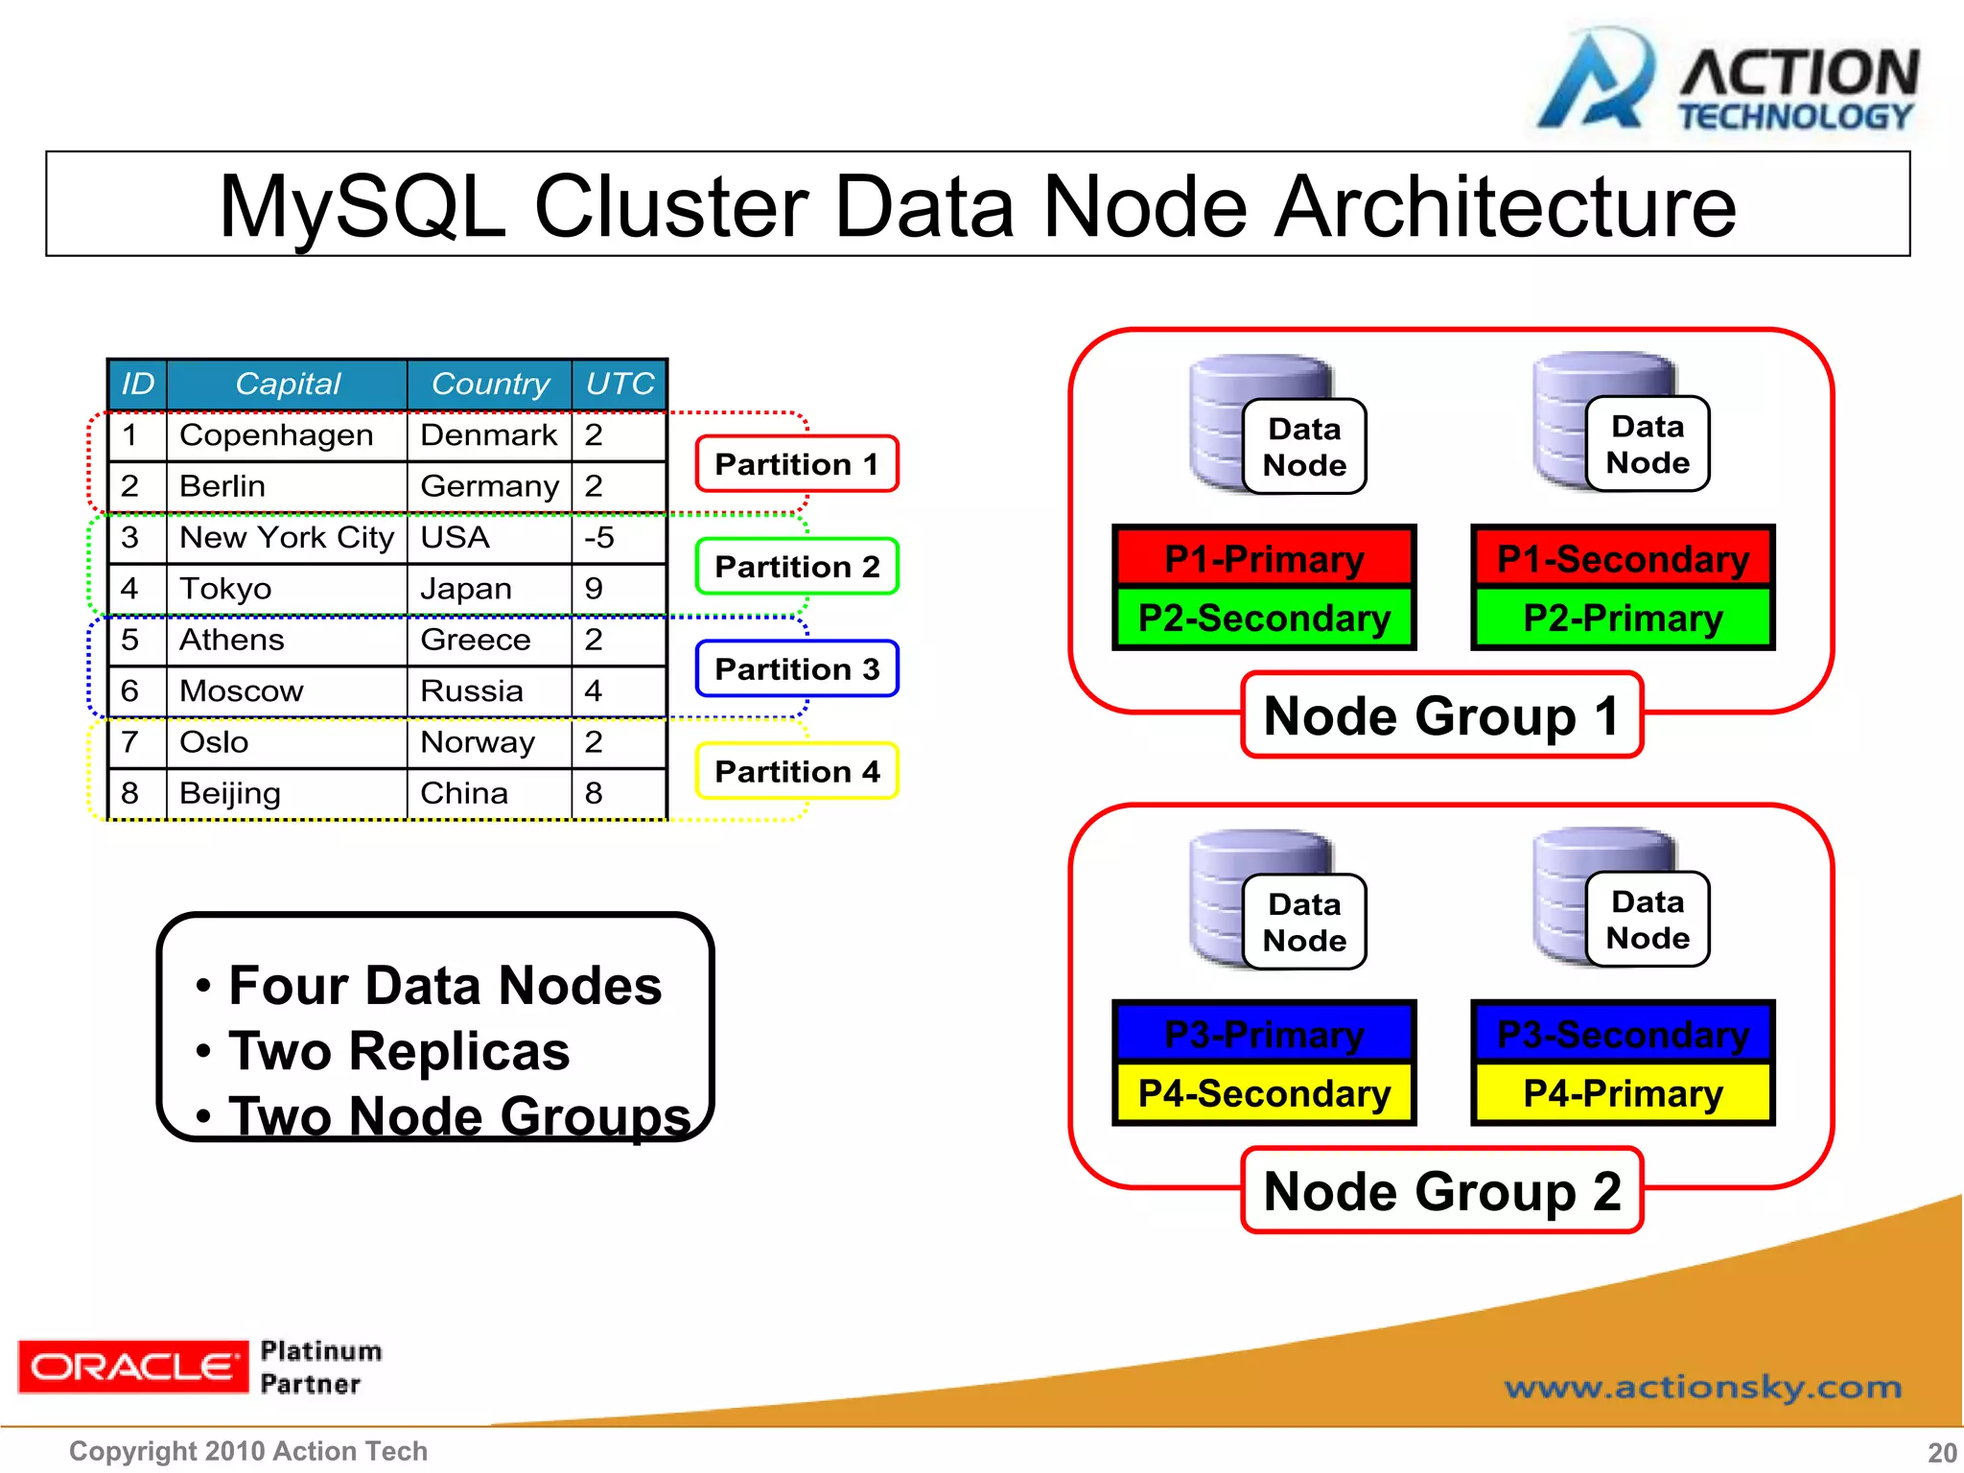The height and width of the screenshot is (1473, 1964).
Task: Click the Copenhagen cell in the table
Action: click(276, 435)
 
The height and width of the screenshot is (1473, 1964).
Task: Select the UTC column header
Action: click(620, 384)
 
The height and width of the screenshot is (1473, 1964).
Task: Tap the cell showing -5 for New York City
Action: click(600, 537)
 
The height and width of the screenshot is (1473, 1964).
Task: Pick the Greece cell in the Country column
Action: click(476, 640)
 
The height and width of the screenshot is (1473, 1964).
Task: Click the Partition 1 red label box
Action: click(797, 464)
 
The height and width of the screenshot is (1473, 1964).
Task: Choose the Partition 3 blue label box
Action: click(797, 668)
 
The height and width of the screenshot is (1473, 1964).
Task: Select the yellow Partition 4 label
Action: click(797, 771)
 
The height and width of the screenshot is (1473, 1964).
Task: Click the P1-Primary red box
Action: click(1264, 558)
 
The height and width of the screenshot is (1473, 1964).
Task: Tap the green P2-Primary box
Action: click(1623, 619)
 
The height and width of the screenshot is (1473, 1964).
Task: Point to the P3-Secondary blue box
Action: click(1623, 1034)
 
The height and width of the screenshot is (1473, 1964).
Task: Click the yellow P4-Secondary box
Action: click(1264, 1093)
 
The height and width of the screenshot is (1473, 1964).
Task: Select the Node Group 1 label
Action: click(1441, 715)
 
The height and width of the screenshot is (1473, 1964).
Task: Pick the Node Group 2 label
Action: click(1441, 1191)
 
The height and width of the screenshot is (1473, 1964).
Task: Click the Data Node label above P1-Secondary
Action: click(1648, 444)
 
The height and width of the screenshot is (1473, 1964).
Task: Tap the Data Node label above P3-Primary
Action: click(1304, 922)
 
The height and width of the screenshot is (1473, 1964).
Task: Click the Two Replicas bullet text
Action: click(399, 1051)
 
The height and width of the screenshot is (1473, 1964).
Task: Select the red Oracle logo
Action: click(132, 1367)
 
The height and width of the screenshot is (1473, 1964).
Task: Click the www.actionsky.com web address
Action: click(1702, 1387)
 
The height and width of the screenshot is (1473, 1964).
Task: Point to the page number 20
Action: click(1941, 1453)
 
